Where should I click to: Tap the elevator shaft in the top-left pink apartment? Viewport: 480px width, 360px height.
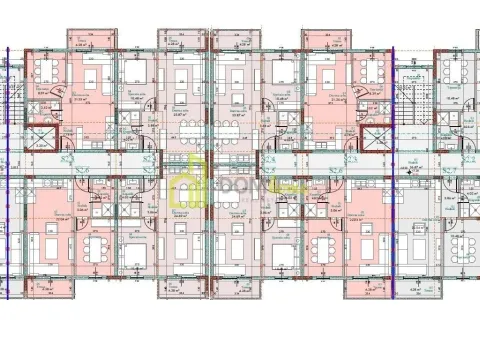pyautogui.click(x=40, y=138)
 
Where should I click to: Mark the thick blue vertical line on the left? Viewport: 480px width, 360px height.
pyautogui.click(x=8, y=180)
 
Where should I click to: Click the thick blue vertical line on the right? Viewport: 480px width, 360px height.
pyautogui.click(x=397, y=180)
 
